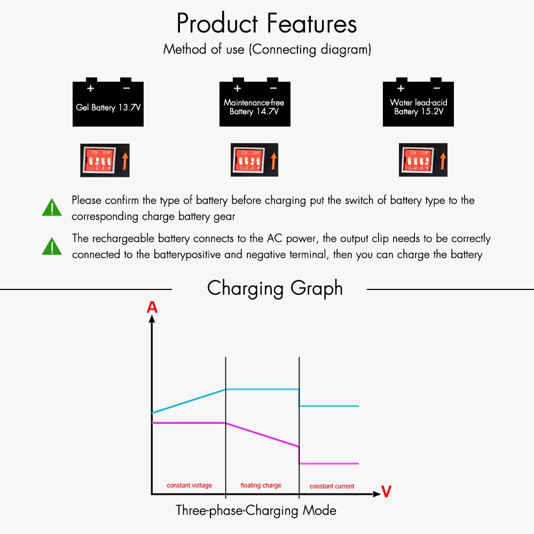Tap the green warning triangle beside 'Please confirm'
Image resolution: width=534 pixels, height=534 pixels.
pos(52,208)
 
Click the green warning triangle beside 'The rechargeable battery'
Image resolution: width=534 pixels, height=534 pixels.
pos(52,246)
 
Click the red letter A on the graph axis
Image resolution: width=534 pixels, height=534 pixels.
pos(152,307)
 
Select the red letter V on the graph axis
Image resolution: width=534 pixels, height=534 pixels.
pos(386,492)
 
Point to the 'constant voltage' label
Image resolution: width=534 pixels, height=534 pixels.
pos(189,485)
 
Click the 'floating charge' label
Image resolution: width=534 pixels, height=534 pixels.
pos(261,485)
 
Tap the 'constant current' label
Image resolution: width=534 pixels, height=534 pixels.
pos(332,486)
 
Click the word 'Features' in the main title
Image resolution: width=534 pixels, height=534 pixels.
pos(313,24)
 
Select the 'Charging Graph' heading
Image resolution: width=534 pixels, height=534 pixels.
pos(274,288)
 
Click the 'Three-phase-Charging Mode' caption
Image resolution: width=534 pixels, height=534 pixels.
pos(256,511)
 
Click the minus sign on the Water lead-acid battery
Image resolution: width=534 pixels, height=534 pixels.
pos(436,88)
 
